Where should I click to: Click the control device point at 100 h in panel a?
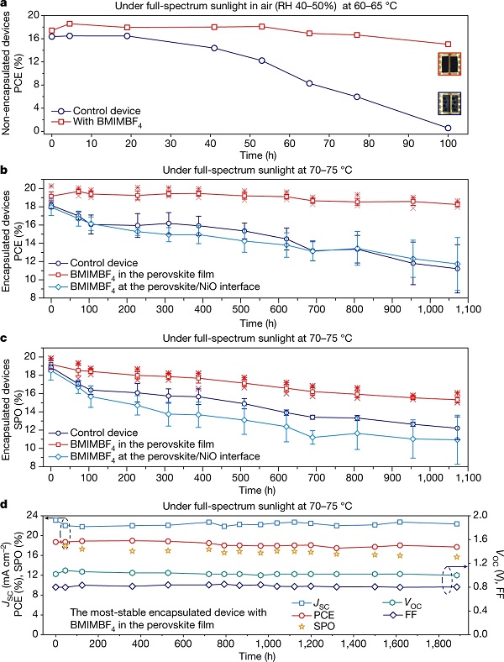[448, 128]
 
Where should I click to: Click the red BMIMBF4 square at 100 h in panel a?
[448, 45]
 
